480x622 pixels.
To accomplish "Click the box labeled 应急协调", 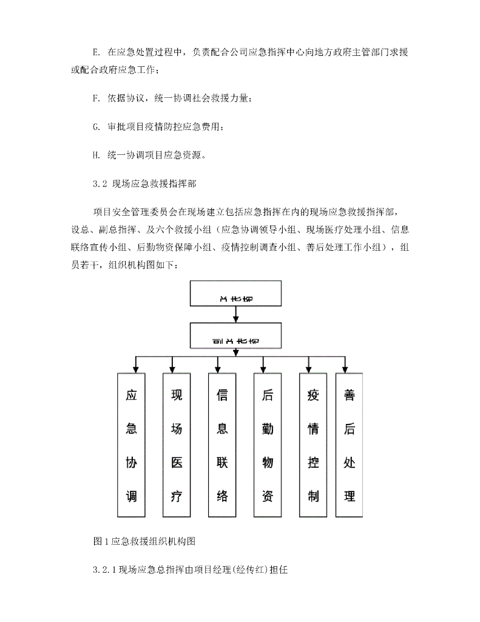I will [131, 445].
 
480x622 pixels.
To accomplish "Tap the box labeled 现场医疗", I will [177, 445].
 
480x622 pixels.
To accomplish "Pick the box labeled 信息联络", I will [222, 445].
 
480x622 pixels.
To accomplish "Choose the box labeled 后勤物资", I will [268, 445].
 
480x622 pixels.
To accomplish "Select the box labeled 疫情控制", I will [313, 445].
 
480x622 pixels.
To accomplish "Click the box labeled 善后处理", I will [350, 445].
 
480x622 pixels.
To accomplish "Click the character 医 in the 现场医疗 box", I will [177, 462].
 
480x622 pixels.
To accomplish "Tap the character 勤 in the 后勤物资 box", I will [268, 428].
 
